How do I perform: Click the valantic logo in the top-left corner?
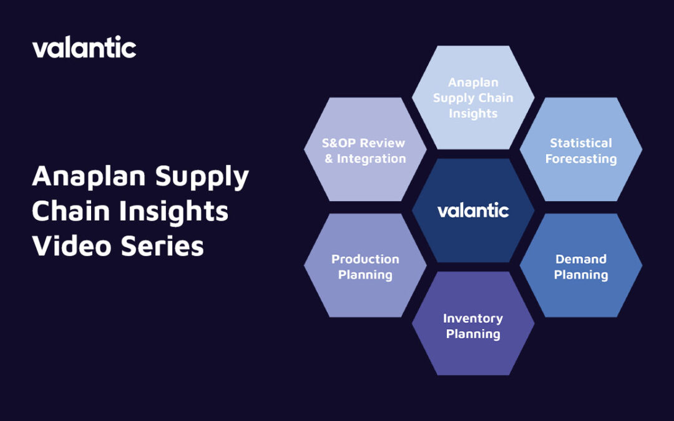click(84, 47)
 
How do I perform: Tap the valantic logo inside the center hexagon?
click(473, 210)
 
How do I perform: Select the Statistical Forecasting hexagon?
click(580, 151)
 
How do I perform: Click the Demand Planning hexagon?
click(580, 266)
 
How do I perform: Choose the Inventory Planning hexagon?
click(473, 325)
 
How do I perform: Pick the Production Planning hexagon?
click(365, 266)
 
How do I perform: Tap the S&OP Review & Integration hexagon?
click(365, 151)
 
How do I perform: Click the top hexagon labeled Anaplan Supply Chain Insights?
click(473, 97)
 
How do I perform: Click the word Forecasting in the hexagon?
click(580, 159)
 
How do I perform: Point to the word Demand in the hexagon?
click(580, 259)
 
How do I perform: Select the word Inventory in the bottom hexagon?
click(473, 318)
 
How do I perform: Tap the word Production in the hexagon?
click(365, 259)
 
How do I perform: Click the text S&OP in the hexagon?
click(340, 143)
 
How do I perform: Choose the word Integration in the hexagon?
click(371, 159)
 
